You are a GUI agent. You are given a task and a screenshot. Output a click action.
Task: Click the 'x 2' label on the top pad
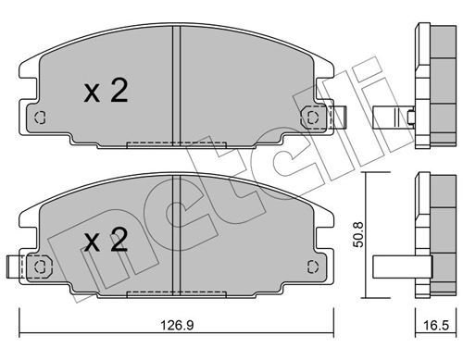pyautogui.click(x=105, y=90)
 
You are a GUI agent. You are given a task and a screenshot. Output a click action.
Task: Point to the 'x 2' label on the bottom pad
pyautogui.click(x=105, y=242)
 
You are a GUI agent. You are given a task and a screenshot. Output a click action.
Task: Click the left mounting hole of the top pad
pyautogui.click(x=39, y=118)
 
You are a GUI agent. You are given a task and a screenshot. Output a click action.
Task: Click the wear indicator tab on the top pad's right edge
pyautogui.click(x=338, y=117)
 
